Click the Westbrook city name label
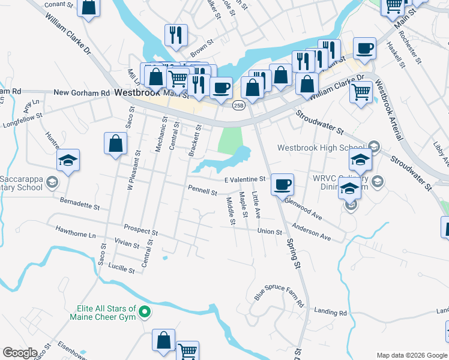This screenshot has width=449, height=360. (137, 93)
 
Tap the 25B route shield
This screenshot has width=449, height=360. (238, 106)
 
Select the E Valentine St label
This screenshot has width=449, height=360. (245, 179)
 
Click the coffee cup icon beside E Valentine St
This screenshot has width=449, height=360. (282, 185)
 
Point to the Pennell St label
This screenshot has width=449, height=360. (202, 193)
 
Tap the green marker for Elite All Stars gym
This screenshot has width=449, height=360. (145, 311)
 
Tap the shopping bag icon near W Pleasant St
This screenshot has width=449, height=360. (115, 144)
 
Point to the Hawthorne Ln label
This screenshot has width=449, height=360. (75, 229)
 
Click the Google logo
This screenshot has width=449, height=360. (19, 352)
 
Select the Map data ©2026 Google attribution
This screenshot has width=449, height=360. (411, 355)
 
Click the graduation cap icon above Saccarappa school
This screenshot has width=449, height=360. (68, 160)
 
